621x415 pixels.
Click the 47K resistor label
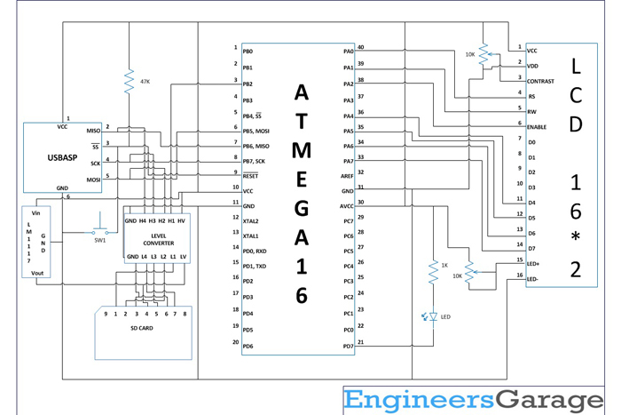145,81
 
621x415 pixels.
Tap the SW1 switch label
100,240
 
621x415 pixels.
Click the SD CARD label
141,328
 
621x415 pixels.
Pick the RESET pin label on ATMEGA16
250,176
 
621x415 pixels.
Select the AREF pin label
347,176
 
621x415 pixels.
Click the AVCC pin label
346,206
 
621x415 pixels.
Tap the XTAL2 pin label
251,220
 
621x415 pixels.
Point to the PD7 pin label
348,345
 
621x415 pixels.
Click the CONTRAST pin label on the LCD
541,81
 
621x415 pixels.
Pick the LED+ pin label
534,263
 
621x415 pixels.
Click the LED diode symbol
433,315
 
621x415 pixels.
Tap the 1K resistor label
445,266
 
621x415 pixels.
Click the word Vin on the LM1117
36,213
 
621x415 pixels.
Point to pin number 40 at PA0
360,47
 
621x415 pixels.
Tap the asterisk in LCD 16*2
576,237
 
